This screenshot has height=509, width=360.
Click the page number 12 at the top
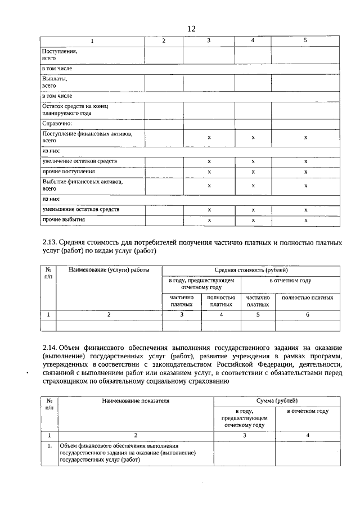coord(191,29)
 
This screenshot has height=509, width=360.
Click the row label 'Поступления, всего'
coord(60,55)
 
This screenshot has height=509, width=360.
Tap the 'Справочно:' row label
coord(58,123)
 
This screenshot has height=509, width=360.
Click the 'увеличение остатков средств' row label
coord(79,161)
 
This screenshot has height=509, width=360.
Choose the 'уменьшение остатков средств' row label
coord(80,209)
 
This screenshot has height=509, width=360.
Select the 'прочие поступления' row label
coord(69,171)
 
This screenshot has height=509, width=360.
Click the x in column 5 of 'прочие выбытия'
coord(305,220)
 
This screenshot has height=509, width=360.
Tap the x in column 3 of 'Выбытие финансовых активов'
coord(209,185)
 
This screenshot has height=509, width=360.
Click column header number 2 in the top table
coord(164,41)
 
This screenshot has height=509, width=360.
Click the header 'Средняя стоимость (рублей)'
coord(251,271)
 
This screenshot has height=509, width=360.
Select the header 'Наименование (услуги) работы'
coord(109,271)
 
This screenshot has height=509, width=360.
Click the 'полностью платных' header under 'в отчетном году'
coord(307,298)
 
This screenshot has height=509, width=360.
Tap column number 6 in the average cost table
coord(307,315)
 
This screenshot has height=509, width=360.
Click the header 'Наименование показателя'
coord(136,401)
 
